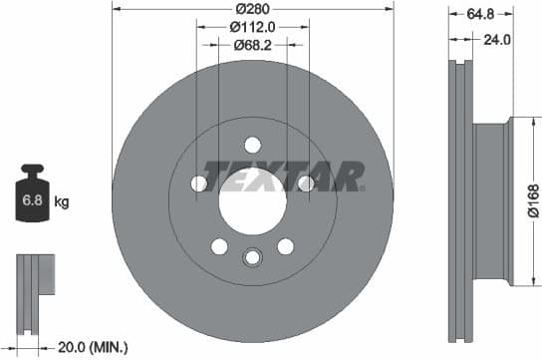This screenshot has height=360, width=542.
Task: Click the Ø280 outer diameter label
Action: [x=252, y=10]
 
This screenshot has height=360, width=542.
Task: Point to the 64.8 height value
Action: [x=476, y=15]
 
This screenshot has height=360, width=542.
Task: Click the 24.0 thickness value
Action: [x=496, y=41]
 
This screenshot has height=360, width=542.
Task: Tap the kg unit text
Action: [x=62, y=202]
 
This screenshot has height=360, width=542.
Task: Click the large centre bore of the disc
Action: [x=252, y=199]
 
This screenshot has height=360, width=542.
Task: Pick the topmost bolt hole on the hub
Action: [x=252, y=144]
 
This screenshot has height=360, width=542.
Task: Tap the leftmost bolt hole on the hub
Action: [x=198, y=183]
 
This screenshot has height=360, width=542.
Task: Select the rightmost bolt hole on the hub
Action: [x=306, y=183]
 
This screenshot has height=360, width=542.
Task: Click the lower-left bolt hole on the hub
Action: [x=219, y=246]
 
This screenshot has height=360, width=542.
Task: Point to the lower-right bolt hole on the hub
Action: [x=286, y=246]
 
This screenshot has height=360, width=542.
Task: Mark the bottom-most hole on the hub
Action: [x=252, y=258]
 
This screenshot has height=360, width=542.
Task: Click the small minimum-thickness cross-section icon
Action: [x=33, y=288]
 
